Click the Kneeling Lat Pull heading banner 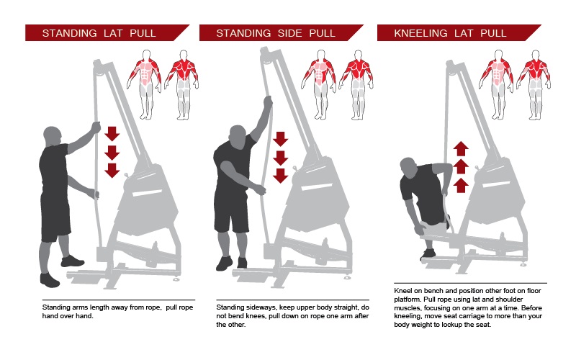(x=454, y=33)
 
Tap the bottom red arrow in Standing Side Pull (x=281, y=175)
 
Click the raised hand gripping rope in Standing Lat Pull (x=95, y=127)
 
